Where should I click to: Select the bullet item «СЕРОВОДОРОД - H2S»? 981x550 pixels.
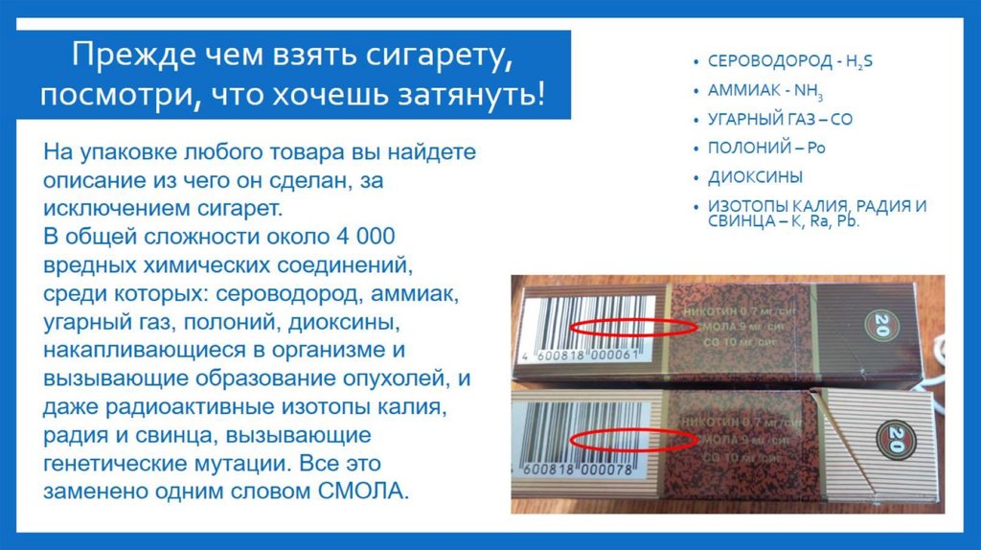click(x=790, y=60)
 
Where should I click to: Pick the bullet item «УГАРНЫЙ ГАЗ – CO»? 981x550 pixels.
click(x=780, y=120)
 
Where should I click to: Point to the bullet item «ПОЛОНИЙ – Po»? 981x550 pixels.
click(x=766, y=149)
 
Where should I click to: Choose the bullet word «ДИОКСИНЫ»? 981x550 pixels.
click(x=755, y=177)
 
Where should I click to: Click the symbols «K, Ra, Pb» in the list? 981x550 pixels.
click(x=826, y=221)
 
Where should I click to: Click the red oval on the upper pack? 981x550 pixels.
click(x=633, y=326)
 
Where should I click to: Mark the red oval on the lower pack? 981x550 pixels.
click(x=633, y=440)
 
